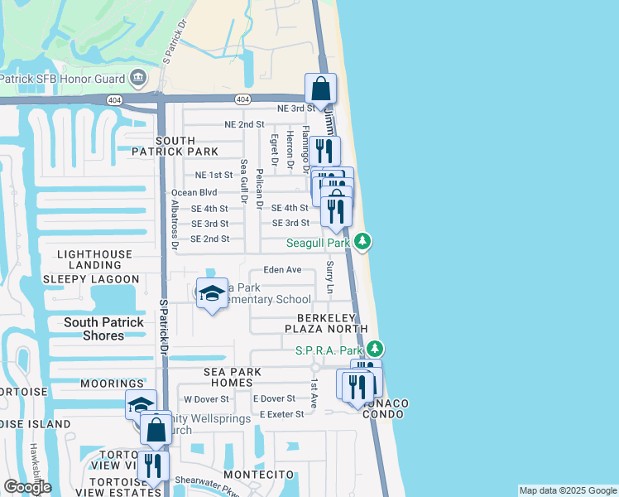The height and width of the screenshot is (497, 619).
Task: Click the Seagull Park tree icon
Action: pos(362,242)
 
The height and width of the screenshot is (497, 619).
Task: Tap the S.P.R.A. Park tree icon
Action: pos(375,350)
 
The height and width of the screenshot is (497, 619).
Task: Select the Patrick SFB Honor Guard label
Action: pos(63,80)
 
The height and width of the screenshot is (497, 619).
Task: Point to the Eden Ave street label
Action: pos(282,270)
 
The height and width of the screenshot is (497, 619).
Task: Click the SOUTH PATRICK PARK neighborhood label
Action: pos(175,146)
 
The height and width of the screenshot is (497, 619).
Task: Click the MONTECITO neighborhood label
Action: pos(258,473)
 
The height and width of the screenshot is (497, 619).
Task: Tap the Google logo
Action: pos(27,487)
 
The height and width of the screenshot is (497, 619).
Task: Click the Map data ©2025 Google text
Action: pos(567,490)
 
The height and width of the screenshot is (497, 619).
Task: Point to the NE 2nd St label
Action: pos(244,124)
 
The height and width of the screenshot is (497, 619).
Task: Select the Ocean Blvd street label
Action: pos(194,192)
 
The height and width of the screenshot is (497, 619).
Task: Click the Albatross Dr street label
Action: pos(175,224)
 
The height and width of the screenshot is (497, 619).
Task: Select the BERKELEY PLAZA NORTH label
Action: pos(320,323)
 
